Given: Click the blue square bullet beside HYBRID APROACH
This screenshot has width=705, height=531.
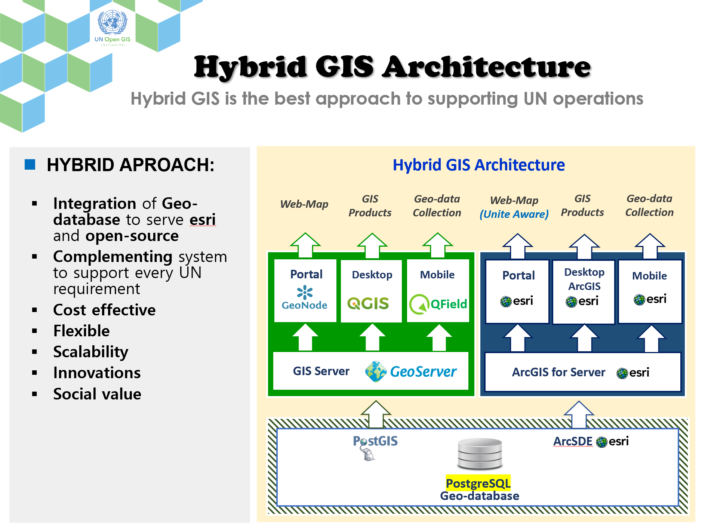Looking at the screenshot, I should point(30,164).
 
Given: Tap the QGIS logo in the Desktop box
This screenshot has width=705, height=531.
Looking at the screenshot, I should point(368,303).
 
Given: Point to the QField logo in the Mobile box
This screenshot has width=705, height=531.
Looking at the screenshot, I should point(438,304).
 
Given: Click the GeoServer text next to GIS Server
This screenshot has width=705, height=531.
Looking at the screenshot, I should point(423,371).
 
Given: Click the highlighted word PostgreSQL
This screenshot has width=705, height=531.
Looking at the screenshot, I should point(478,483).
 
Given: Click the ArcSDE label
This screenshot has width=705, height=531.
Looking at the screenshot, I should point(573,441).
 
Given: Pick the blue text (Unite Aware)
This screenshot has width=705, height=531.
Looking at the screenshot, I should point(514,214).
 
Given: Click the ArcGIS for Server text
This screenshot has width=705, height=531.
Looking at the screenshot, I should point(558,372).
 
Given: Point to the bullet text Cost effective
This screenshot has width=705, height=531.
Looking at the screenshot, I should point(104,310).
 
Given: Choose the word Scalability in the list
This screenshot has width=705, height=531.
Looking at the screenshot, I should point(91,352).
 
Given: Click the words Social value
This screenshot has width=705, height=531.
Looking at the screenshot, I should point(97,394).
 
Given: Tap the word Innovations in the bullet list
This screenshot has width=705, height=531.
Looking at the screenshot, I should point(97,373).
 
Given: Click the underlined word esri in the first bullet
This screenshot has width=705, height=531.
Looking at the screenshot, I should point(203,220).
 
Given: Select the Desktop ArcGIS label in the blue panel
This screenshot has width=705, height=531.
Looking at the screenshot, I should point(584,279).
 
